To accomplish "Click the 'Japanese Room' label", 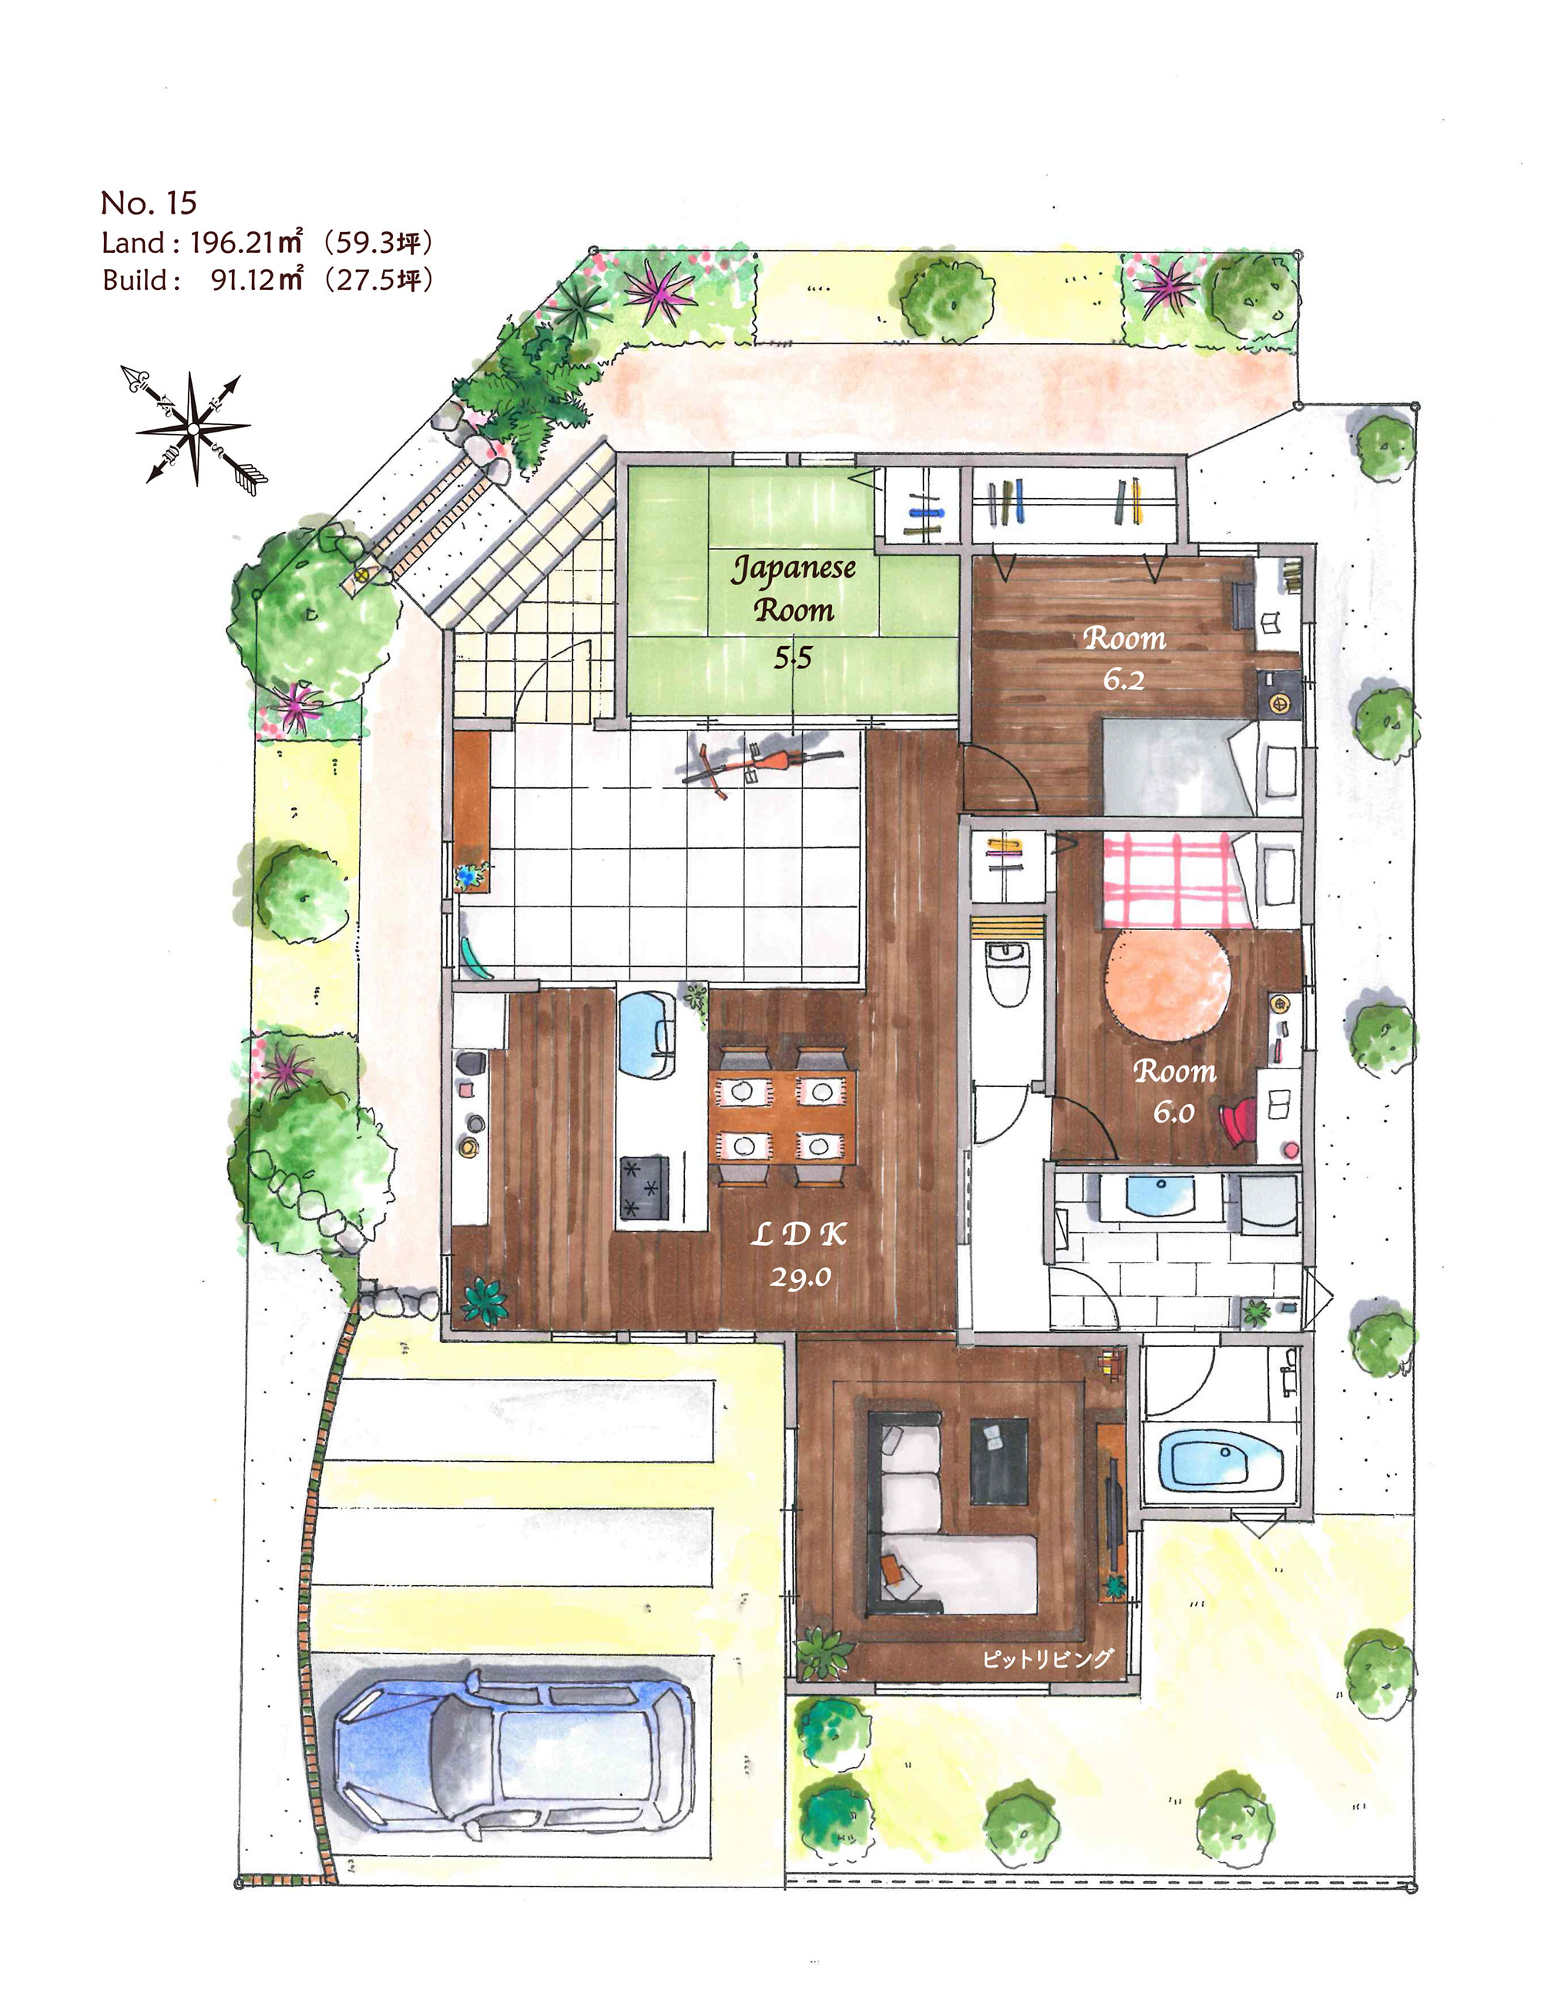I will [x=793, y=588].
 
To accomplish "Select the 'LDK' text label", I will [x=797, y=1234].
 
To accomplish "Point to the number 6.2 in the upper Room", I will [x=1123, y=679].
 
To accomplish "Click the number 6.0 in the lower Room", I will [x=1173, y=1113].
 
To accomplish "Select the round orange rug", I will [x=1169, y=984].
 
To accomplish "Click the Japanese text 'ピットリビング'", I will [x=1046, y=1659].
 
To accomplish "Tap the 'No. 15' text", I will [x=149, y=203].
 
